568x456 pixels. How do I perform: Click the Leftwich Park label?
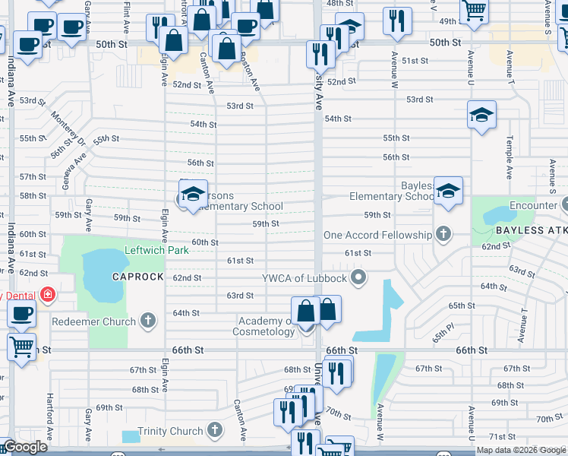157,249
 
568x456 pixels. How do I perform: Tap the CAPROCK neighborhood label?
138,277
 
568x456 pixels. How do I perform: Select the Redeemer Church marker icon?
148,321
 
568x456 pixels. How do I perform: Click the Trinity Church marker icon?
215,431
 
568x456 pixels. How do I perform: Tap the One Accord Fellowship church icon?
442,235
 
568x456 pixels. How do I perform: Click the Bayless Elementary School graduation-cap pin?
449,192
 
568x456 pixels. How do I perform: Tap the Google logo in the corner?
24,448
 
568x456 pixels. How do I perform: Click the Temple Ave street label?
509,151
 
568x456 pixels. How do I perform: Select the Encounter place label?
533,205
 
